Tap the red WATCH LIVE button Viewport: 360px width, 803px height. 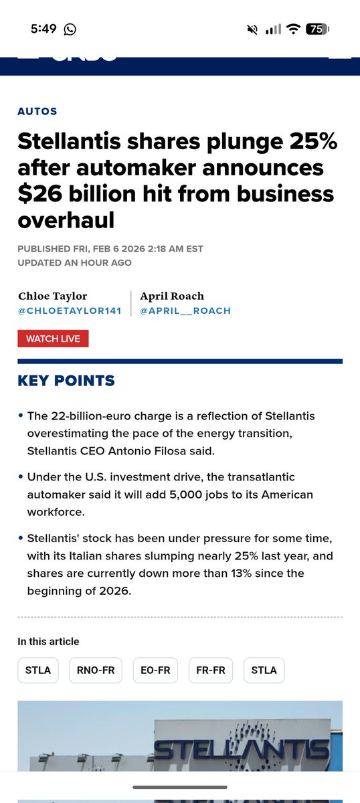click(x=53, y=339)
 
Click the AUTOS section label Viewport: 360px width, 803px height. click(x=37, y=112)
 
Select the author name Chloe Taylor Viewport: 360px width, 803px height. click(x=53, y=296)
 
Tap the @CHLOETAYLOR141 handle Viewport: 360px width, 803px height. click(x=69, y=310)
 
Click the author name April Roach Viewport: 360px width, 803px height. click(x=172, y=296)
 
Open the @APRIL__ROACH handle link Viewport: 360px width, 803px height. click(x=185, y=310)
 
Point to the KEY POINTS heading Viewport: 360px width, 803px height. click(x=66, y=381)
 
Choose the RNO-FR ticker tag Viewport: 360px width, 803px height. click(x=96, y=670)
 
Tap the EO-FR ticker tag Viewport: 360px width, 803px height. click(x=155, y=670)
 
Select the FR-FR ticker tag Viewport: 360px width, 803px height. click(x=210, y=670)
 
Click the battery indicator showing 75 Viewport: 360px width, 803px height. click(x=317, y=29)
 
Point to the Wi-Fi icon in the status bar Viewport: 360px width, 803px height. click(x=292, y=29)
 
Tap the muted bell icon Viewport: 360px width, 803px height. click(x=252, y=29)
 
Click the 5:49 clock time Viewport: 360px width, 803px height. click(x=45, y=29)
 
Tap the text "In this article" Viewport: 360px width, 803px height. click(x=48, y=641)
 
